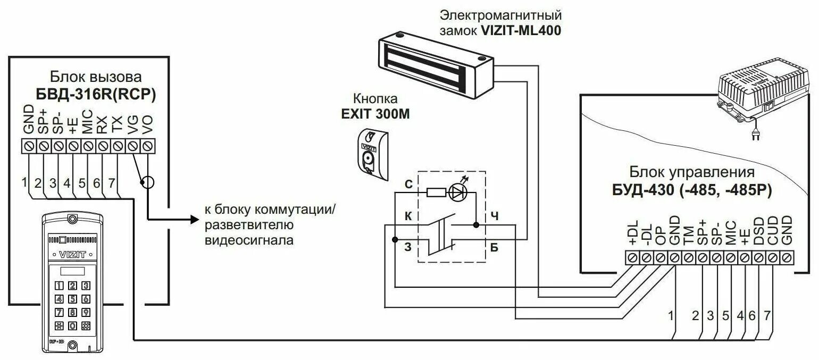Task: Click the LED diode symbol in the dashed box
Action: point(458,192)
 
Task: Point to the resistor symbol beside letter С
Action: point(437,192)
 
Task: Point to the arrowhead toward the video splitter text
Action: point(193,219)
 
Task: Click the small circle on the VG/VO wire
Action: point(148,183)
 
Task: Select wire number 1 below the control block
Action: point(671,315)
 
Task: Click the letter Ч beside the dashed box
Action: point(494,216)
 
